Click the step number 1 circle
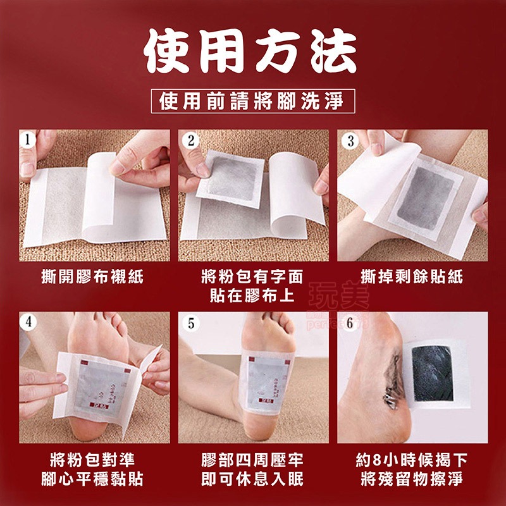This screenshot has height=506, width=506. point(27,139)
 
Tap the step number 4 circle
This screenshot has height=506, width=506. point(28,321)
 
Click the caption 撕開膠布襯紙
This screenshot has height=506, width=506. point(92,276)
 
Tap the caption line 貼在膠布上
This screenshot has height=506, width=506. point(252,295)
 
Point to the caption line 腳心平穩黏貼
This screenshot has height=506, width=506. point(92,478)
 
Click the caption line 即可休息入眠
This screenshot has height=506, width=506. point(252,478)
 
